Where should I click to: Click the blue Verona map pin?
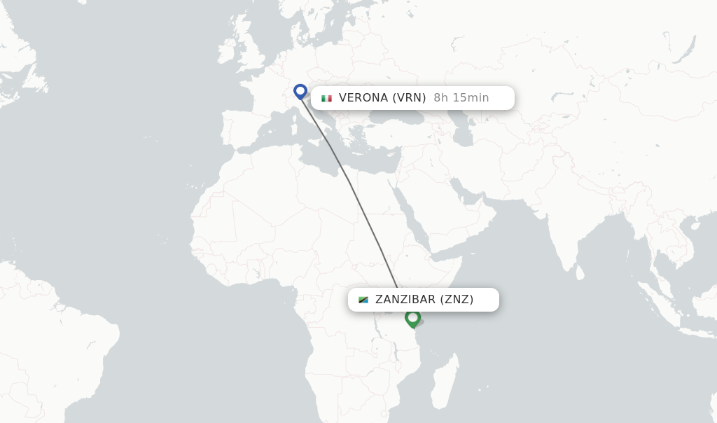(x=300, y=92)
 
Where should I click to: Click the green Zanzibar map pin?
(x=412, y=319)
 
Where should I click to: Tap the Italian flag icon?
(x=326, y=98)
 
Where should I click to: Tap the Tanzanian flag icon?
(x=363, y=300)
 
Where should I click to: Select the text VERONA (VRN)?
(x=382, y=98)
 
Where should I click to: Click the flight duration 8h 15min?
(x=461, y=98)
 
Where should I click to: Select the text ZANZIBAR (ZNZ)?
(x=424, y=300)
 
